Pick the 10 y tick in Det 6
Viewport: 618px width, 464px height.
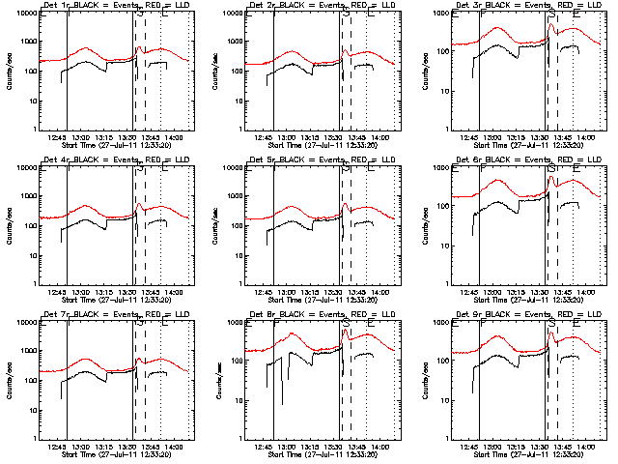pyautogui.click(x=444, y=246)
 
